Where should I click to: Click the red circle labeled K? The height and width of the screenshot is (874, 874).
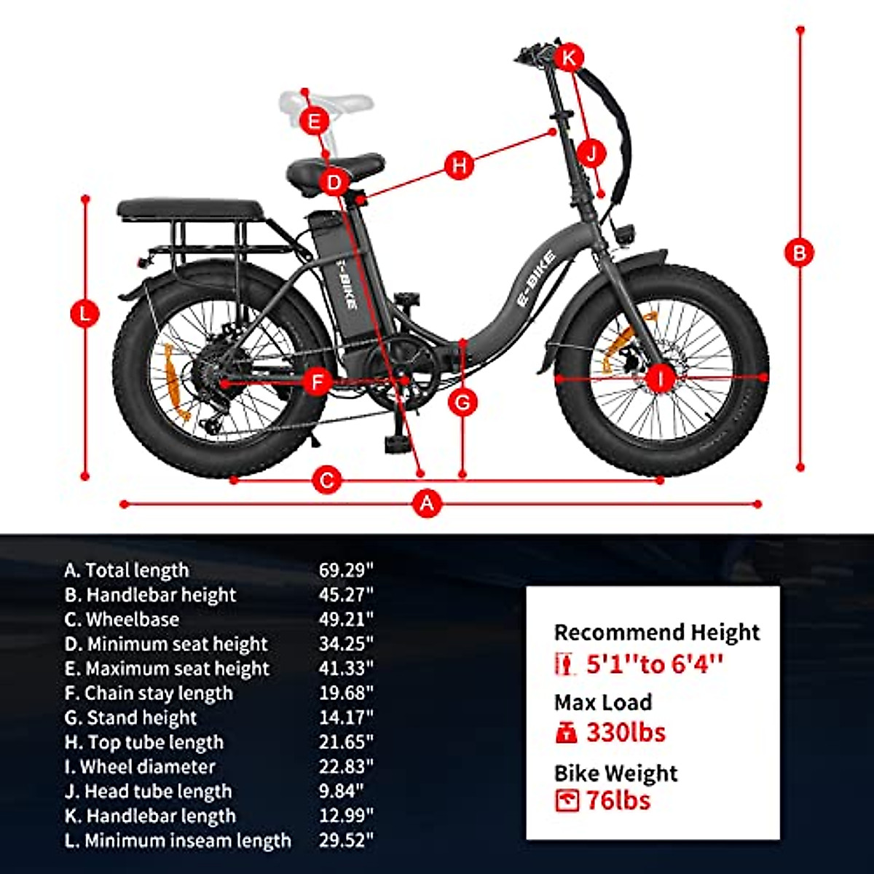coord(569,57)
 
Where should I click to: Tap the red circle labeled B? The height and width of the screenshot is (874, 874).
coord(799,253)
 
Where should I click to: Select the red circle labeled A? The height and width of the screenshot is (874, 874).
coord(428,503)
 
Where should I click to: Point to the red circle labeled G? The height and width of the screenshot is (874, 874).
coord(463,402)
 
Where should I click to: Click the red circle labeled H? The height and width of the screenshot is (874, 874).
coord(459,165)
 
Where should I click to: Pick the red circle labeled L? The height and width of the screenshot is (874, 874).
coord(85,315)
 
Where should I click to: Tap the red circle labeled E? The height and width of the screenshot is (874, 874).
coord(315,121)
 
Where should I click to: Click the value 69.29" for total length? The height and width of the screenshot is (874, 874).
coord(346,570)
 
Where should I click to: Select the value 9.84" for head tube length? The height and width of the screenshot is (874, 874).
coord(341,791)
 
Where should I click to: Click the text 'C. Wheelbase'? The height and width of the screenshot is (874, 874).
coord(122,619)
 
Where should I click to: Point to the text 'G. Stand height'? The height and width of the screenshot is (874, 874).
coord(130,717)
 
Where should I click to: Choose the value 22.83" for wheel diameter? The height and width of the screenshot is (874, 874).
coord(346,766)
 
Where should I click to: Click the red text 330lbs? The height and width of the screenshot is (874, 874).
coord(626,732)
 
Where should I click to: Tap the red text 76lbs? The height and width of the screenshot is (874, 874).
coord(618,800)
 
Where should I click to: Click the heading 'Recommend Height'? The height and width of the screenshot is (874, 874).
coord(657,632)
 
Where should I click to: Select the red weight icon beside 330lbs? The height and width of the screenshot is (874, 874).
coord(566,733)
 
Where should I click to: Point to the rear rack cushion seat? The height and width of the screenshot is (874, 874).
coord(189,209)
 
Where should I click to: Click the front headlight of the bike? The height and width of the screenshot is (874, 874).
coord(624,234)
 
